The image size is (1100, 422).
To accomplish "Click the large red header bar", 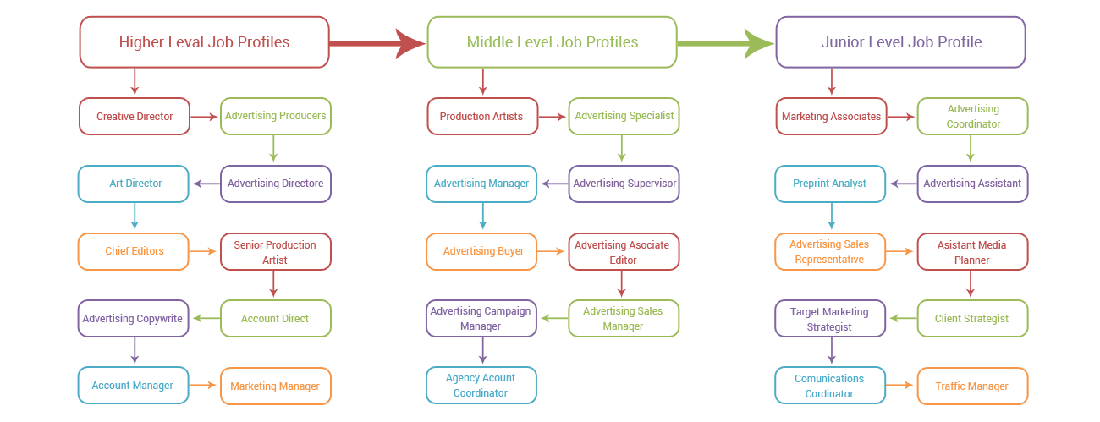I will click(x=203, y=41).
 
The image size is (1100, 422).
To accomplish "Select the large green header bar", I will click(x=551, y=41).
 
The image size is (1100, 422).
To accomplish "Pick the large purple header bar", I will click(x=899, y=41).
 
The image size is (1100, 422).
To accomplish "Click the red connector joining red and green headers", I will click(x=377, y=43).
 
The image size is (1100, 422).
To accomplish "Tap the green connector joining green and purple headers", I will click(x=725, y=43).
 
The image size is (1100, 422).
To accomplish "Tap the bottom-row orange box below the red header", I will click(x=275, y=386).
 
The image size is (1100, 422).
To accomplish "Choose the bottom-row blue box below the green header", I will click(x=481, y=385).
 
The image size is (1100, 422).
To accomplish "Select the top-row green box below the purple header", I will click(x=972, y=116).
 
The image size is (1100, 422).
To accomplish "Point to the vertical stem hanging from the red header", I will click(x=134, y=83).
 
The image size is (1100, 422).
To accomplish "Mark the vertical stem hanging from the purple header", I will click(x=831, y=83).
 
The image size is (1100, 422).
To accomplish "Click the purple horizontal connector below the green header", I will click(x=553, y=184).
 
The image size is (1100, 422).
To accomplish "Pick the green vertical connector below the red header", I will click(x=273, y=150).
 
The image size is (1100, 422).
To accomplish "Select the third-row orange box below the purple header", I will click(x=829, y=252).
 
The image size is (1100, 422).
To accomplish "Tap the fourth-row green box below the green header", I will click(x=624, y=319).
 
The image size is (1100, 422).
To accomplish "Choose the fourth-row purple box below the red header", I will click(x=133, y=319).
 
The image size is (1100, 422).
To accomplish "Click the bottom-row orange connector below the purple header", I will click(x=901, y=386).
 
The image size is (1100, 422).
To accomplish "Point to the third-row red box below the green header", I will click(x=624, y=252).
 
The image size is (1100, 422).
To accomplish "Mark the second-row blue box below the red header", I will click(x=133, y=184).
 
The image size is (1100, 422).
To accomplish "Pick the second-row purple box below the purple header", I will click(x=972, y=184).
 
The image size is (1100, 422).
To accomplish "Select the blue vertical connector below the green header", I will click(x=482, y=217).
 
